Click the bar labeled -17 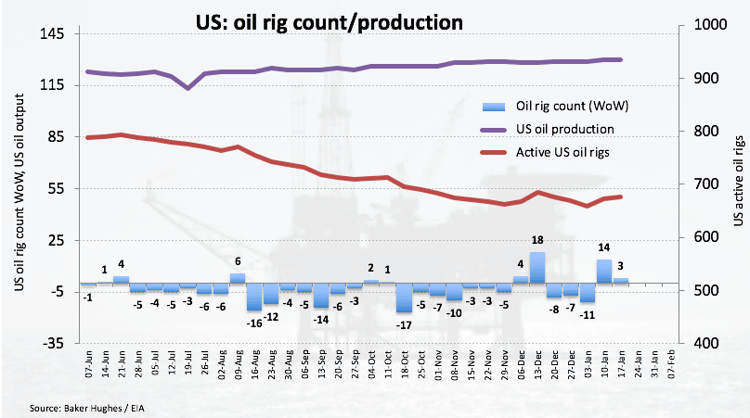tap(404, 298)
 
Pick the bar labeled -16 tap(254, 297)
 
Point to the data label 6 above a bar tap(238, 261)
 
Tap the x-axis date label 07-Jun tap(85, 362)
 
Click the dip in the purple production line tap(187, 87)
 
